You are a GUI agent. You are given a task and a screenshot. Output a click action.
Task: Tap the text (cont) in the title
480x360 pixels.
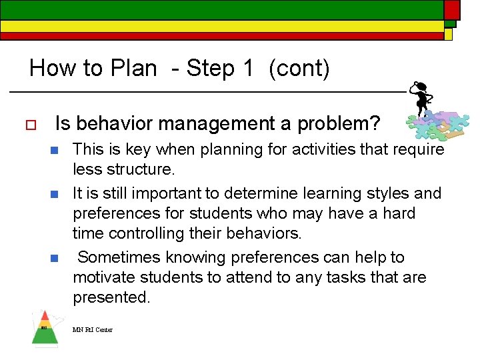[x=299, y=69]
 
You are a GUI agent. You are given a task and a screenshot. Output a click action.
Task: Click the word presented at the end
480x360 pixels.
[x=110, y=297]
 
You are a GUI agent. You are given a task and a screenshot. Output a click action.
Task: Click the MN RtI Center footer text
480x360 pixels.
[x=93, y=329]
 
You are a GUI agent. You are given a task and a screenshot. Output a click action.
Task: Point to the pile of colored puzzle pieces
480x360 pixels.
[x=434, y=125]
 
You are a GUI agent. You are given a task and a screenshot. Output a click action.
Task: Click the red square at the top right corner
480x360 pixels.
[x=452, y=9]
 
